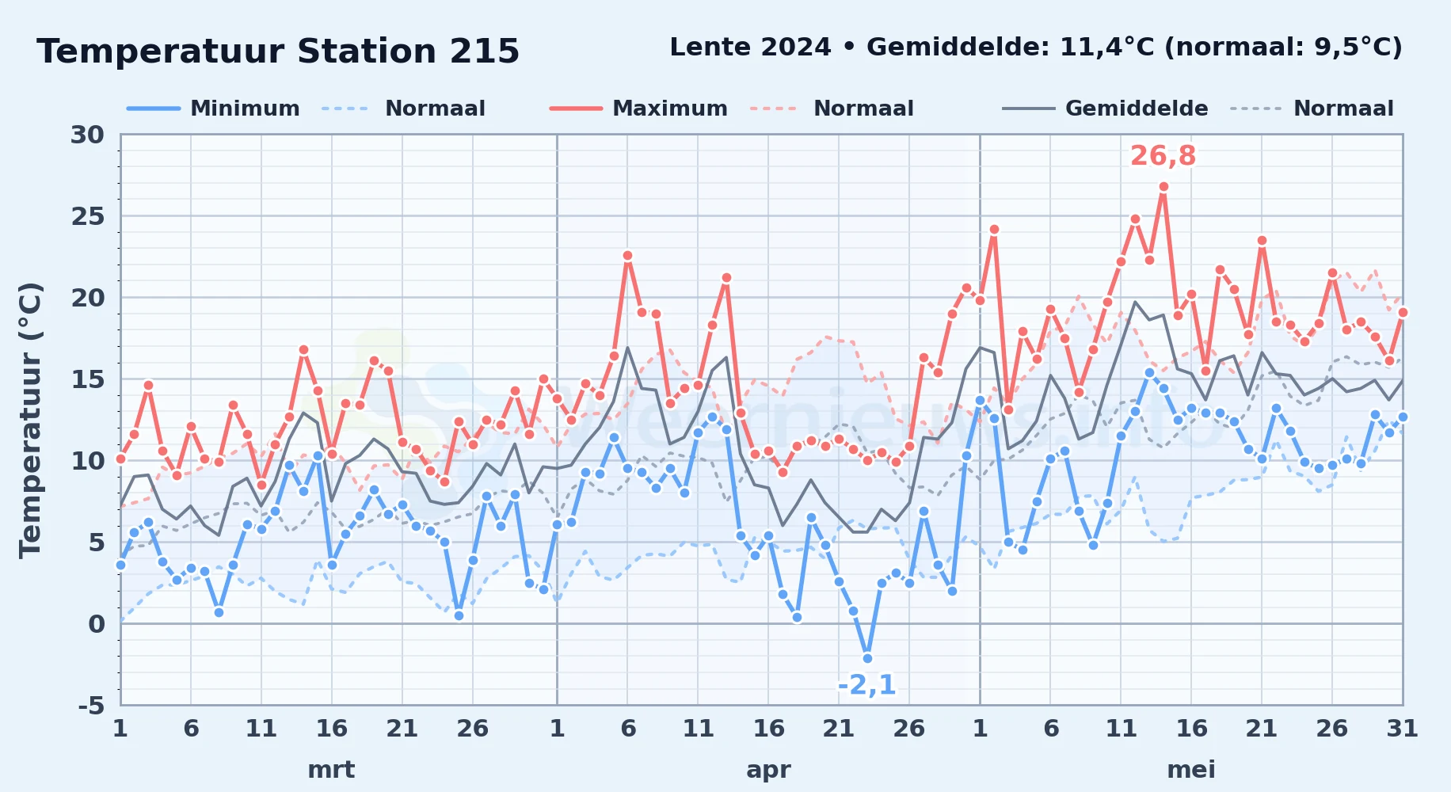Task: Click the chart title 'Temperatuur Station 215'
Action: click(278, 51)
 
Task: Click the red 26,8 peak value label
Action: click(1163, 156)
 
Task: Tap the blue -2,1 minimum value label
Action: click(866, 685)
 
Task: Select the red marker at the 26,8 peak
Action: click(1163, 187)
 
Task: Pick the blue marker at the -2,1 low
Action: click(867, 658)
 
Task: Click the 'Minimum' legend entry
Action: click(213, 109)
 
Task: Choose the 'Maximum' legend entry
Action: click(638, 109)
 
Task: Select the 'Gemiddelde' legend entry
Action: click(1105, 109)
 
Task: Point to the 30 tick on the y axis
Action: click(88, 135)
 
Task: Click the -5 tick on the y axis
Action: click(91, 705)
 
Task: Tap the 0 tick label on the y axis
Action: click(97, 624)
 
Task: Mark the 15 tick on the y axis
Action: click(88, 379)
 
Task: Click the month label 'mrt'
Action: click(331, 770)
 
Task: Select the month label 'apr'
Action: click(768, 770)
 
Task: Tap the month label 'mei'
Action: click(1191, 770)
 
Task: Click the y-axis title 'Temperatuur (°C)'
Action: click(32, 420)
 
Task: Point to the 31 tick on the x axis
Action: click(1403, 728)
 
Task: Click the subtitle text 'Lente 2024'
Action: click(750, 48)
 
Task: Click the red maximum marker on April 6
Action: click(627, 256)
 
